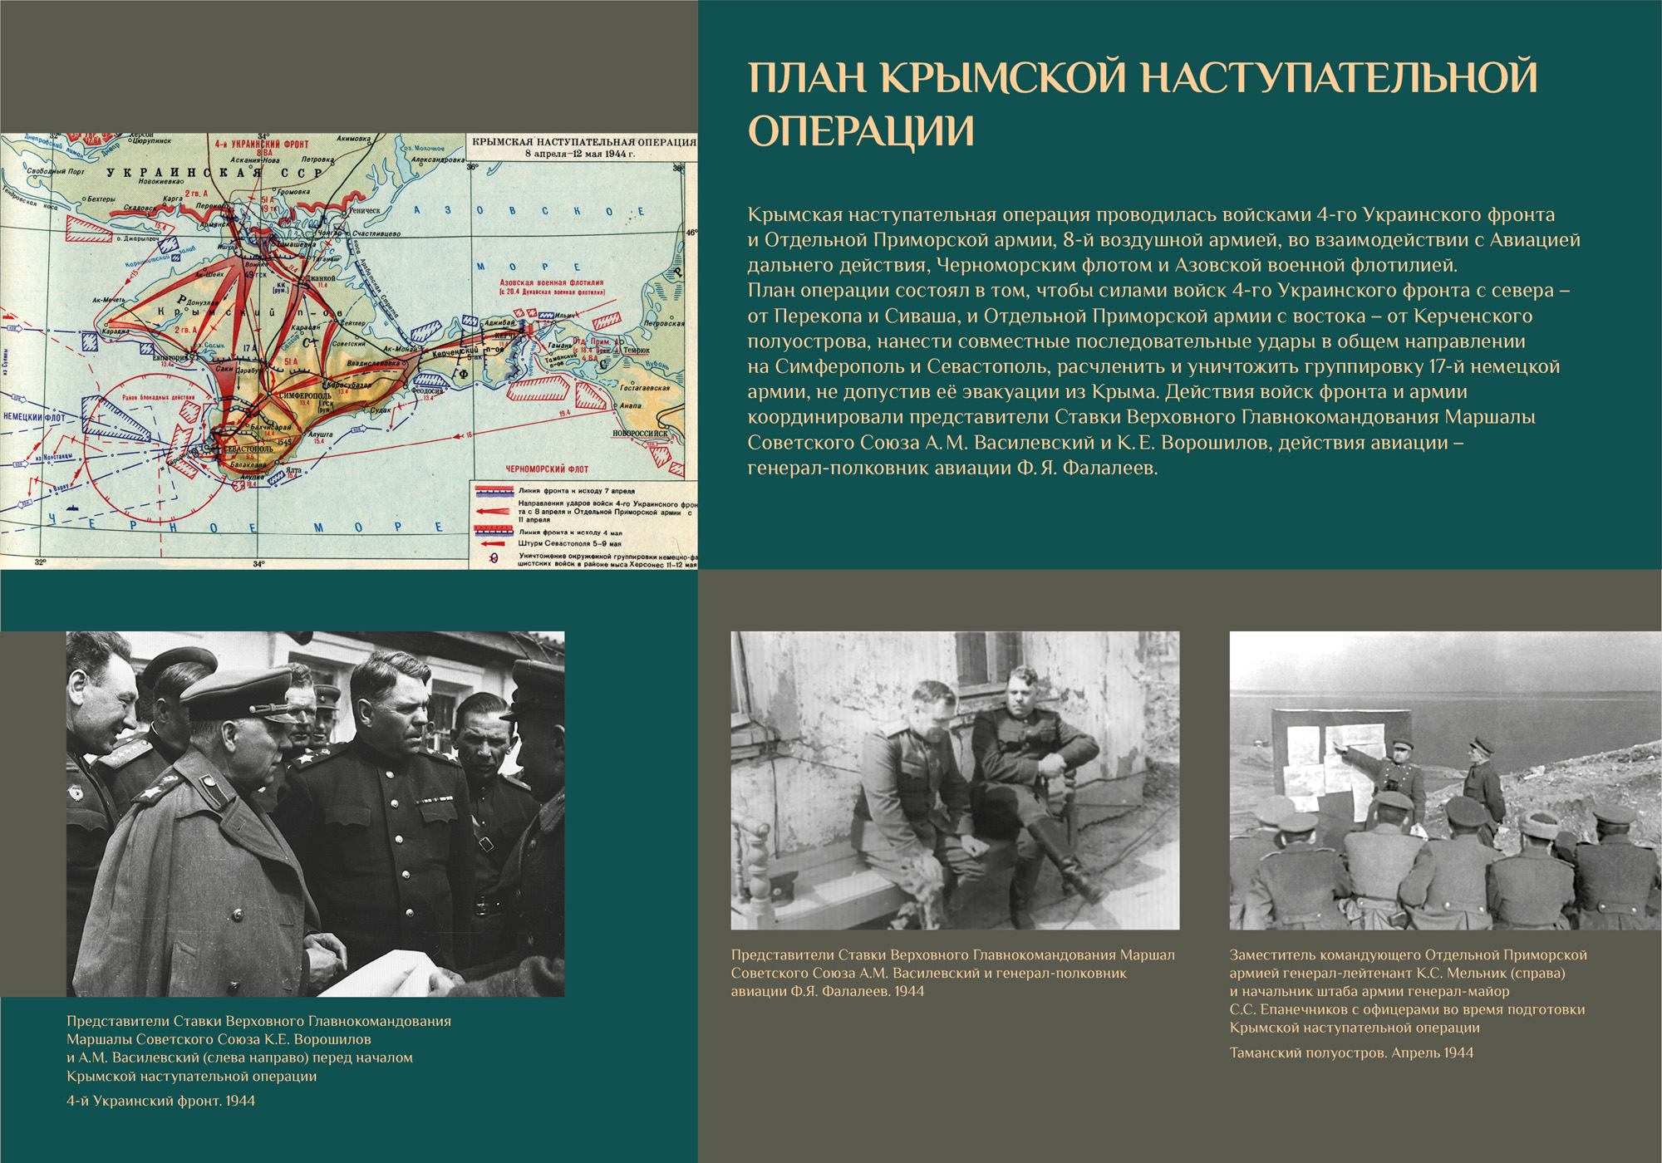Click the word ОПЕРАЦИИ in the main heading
coord(861,131)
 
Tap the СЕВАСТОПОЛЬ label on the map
coord(248,449)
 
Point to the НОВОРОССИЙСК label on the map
coord(640,433)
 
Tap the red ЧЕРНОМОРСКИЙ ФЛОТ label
coord(547,469)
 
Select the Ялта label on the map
coord(293,470)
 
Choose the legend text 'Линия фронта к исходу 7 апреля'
coord(576,491)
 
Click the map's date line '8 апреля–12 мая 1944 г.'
coord(579,154)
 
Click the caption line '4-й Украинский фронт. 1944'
coord(160,1101)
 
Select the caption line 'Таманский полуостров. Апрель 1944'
coord(1351,1053)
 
